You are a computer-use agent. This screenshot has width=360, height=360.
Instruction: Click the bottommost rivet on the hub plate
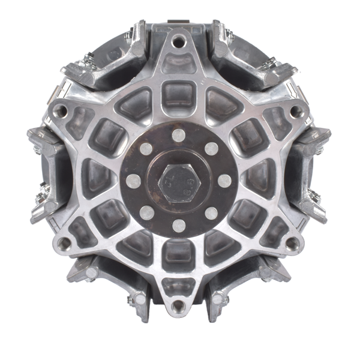[x=178, y=226]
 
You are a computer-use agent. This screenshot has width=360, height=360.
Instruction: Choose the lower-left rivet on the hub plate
[x=146, y=213]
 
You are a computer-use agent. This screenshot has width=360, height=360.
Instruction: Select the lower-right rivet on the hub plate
[x=211, y=213]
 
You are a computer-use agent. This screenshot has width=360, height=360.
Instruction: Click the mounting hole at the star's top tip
[x=178, y=42]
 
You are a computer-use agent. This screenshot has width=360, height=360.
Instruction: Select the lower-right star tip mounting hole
[x=292, y=244]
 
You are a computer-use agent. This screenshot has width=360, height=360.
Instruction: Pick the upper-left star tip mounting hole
[x=60, y=111]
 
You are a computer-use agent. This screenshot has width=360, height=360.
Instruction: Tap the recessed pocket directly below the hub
[x=178, y=255]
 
